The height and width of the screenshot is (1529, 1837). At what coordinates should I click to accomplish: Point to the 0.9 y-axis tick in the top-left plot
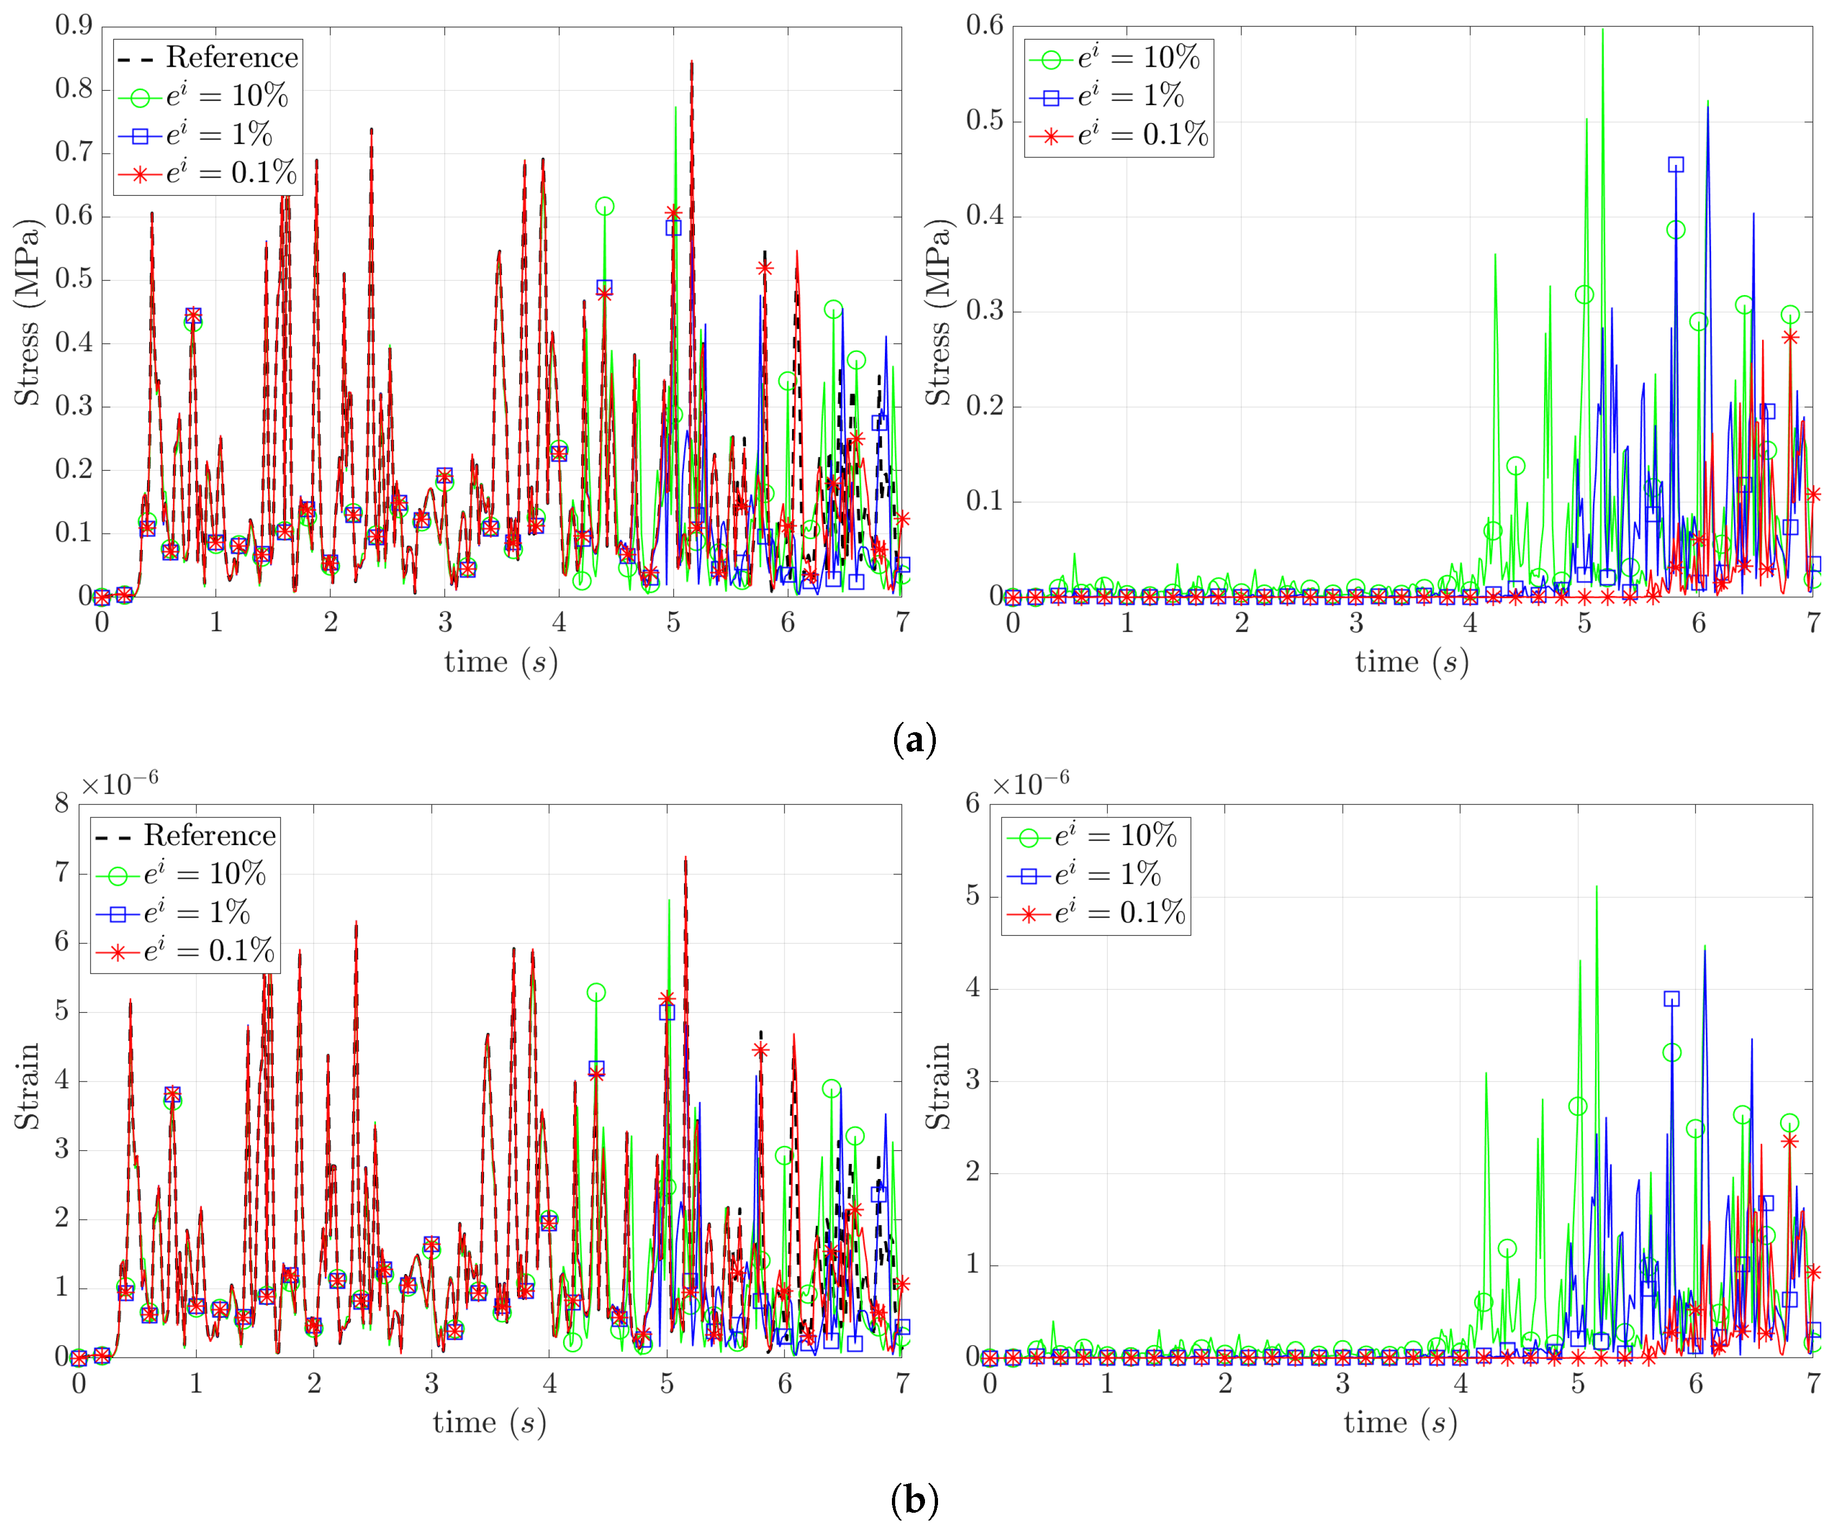click(73, 25)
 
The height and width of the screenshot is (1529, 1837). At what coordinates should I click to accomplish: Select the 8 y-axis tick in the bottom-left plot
click(61, 803)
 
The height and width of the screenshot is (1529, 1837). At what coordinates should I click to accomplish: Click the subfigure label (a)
click(914, 740)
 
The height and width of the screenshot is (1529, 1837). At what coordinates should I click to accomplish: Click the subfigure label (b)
click(914, 1501)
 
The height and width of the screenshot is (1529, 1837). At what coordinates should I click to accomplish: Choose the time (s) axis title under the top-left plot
click(500, 662)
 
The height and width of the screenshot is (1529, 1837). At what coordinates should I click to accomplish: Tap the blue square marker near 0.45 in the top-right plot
click(1675, 164)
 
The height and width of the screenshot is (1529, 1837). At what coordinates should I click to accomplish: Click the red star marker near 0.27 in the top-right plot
click(1790, 338)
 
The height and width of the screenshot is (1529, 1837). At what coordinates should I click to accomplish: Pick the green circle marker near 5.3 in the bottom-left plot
click(596, 993)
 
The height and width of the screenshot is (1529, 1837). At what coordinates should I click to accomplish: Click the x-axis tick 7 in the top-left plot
click(902, 623)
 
